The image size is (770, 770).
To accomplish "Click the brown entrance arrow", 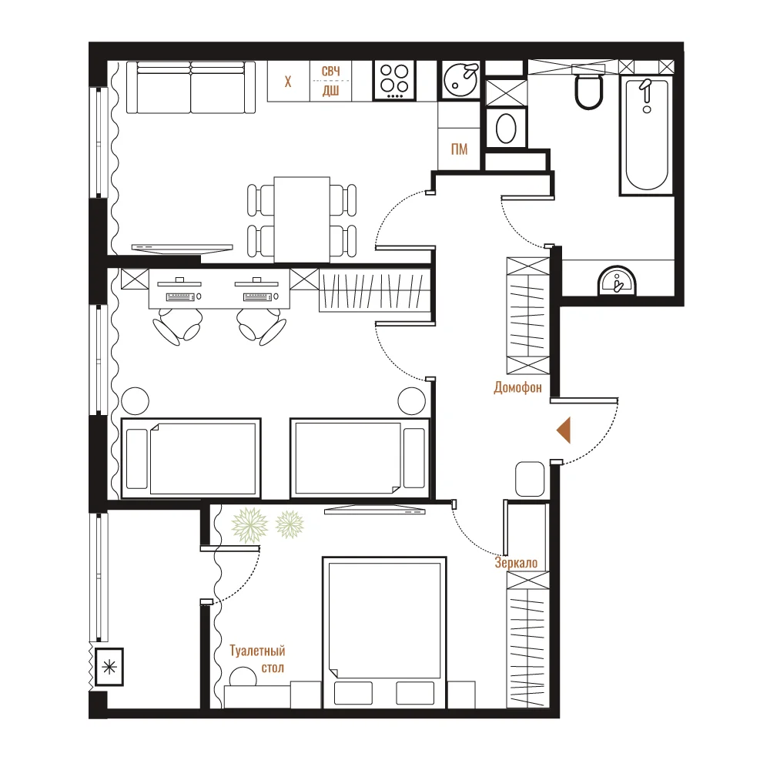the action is coord(564,430).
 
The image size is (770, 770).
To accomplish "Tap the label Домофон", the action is coord(517,388).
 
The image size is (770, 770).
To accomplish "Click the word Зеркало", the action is coord(516,563).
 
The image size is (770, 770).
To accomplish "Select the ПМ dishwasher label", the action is coord(459,149).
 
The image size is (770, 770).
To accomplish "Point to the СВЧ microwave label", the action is coord(330,71).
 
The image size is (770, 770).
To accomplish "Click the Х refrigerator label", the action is coord(288,82).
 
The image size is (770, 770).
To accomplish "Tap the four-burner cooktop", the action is coord(394,81).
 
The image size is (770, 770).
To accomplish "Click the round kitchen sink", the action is coord(460,80).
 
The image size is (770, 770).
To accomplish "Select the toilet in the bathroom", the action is coord(588,90).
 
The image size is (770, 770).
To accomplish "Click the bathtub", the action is coord(646,135).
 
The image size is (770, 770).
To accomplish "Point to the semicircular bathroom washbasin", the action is coord(617,281).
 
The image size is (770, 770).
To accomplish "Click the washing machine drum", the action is coord(506,129).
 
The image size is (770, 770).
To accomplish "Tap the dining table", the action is coord(302,219).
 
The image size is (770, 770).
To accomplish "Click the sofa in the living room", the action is coord(191,88).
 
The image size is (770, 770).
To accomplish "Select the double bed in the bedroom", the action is coord(384,632).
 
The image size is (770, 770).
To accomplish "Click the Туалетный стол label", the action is coord(257,659).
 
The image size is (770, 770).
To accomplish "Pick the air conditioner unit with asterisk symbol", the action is coord(109,667).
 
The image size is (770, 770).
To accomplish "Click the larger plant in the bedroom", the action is coord(250,525).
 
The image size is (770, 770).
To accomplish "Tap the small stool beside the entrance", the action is coord(530,479).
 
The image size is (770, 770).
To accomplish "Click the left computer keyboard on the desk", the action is coord(180,296).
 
